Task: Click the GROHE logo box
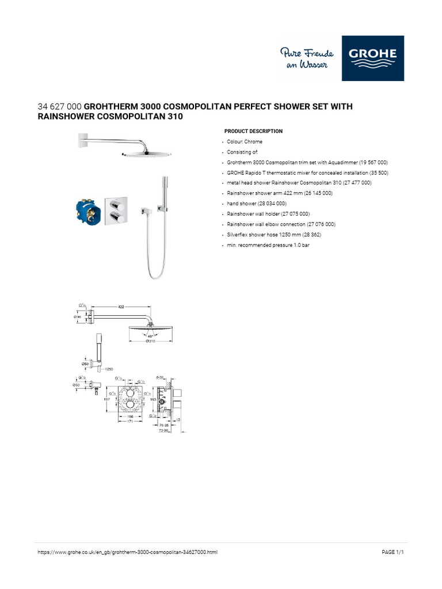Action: [x=372, y=58]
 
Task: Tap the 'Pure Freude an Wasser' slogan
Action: [x=304, y=59]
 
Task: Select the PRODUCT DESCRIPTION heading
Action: [x=253, y=131]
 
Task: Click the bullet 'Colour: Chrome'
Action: [x=245, y=141]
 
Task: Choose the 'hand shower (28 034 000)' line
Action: [x=256, y=204]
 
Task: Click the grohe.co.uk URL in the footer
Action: [x=127, y=552]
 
